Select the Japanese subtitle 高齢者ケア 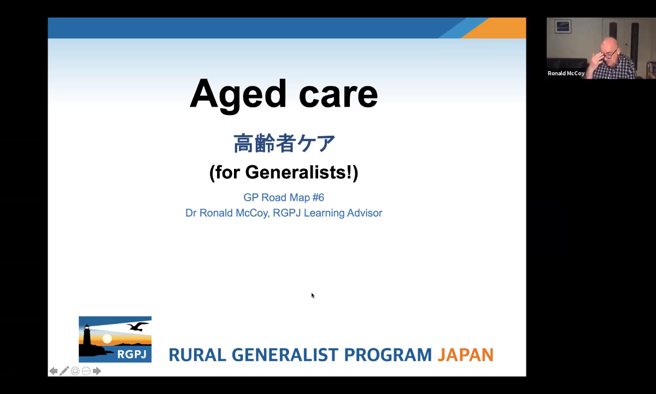coord(284,143)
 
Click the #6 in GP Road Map coord(318,198)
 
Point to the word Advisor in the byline coord(365,213)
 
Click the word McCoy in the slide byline coord(252,213)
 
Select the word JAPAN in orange coord(466,355)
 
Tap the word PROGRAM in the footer coord(388,355)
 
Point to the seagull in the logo coord(137,326)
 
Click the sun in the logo coord(107,339)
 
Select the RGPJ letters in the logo coord(132,354)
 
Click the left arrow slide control coord(54,371)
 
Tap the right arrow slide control coord(97,371)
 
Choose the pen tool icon coord(64,371)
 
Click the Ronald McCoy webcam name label coord(566,73)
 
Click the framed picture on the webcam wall coord(563,27)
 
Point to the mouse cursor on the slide coord(313,295)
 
